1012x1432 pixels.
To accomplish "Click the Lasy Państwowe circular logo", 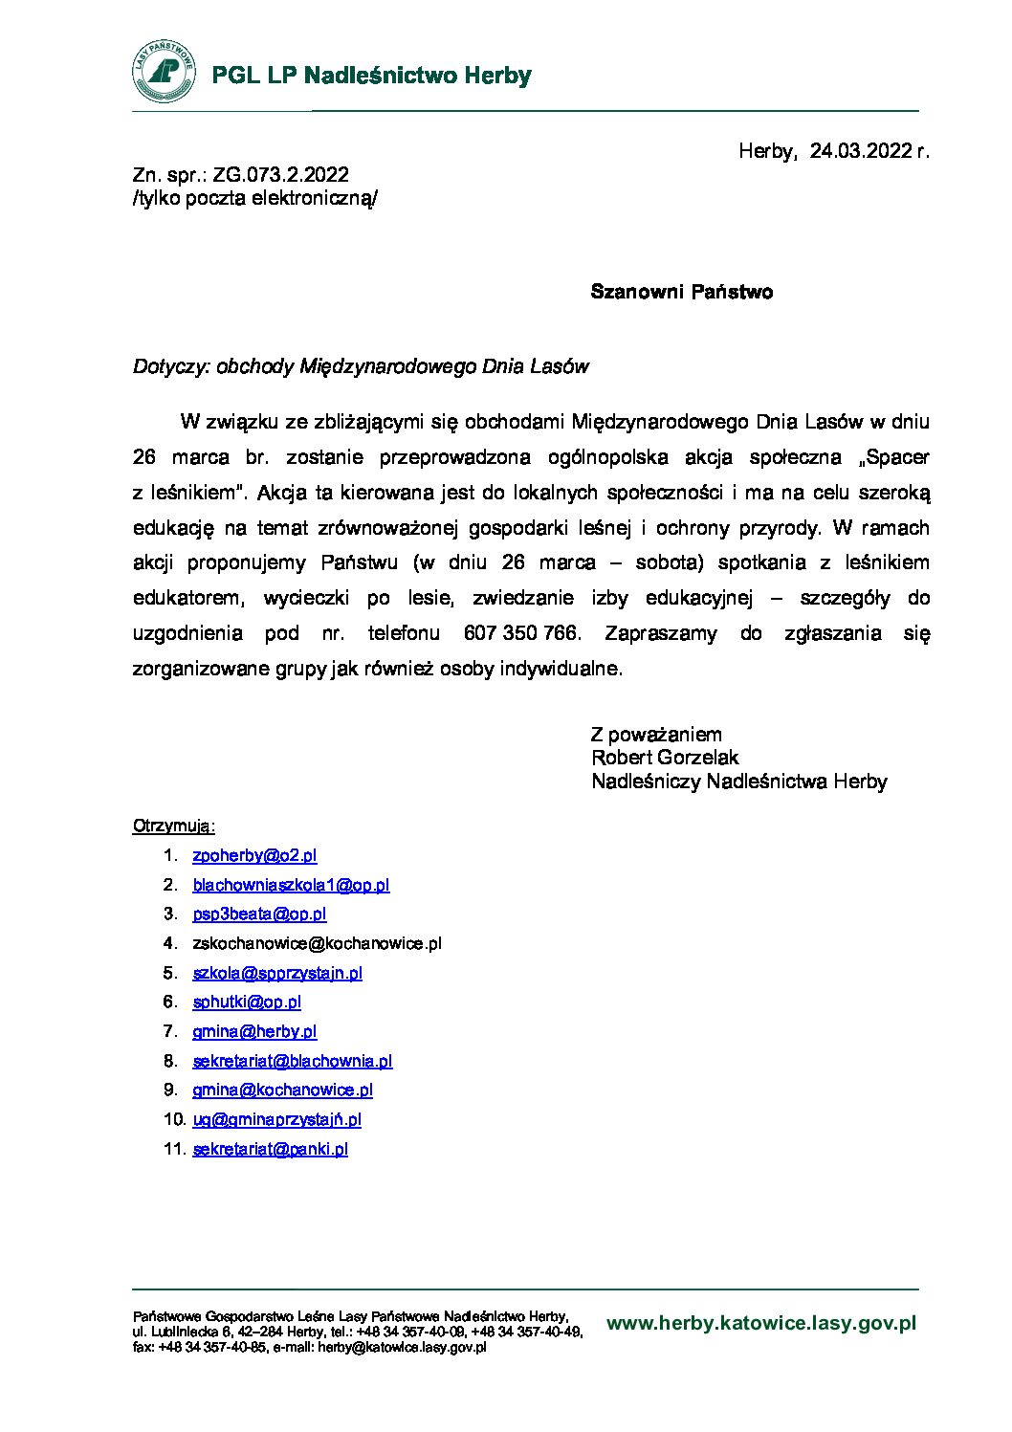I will click(165, 73).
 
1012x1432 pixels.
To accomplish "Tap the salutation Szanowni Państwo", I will click(681, 292).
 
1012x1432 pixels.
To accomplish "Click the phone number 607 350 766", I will click(520, 633).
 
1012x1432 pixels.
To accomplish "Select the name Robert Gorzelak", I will click(665, 758).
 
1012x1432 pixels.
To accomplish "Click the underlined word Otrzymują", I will click(173, 826).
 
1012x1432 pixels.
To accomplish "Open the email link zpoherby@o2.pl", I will click(254, 856).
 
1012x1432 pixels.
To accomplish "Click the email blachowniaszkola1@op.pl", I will click(291, 886).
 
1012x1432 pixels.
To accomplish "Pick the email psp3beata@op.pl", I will click(259, 914).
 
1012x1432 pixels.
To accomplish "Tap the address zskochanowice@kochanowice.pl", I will click(317, 944).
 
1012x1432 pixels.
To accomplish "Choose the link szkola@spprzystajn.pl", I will click(277, 974).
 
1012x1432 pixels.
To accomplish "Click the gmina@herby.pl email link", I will click(254, 1032).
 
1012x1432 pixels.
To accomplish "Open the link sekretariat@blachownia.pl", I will click(293, 1061).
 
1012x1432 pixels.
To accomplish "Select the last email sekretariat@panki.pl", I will click(270, 1149).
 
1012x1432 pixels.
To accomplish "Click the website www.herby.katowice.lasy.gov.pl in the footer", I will click(761, 1324).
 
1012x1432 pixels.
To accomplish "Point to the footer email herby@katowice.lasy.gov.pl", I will click(403, 1347).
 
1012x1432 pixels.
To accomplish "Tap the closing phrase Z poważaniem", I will click(656, 735).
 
